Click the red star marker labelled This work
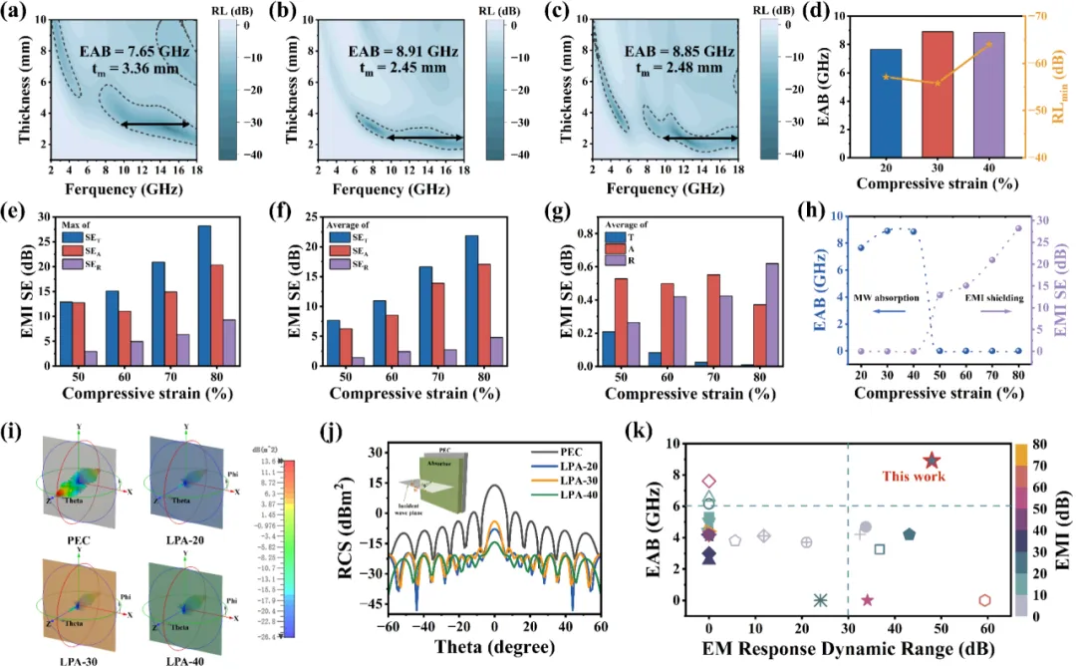pyautogui.click(x=932, y=461)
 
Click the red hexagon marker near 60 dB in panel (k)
pyautogui.click(x=984, y=600)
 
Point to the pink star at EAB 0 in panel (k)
pyautogui.click(x=867, y=600)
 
